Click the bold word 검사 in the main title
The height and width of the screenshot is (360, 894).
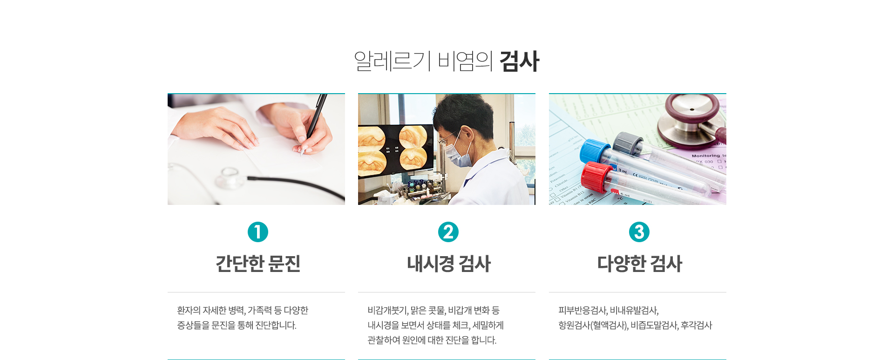(x=519, y=61)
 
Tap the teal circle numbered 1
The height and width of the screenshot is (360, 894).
(x=258, y=232)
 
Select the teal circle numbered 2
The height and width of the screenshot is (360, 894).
(x=448, y=232)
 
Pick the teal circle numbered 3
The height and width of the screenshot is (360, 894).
(x=639, y=232)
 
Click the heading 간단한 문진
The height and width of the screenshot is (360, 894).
(x=258, y=264)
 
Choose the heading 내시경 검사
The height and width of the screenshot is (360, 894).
(x=449, y=264)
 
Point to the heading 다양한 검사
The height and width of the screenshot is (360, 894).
(x=640, y=264)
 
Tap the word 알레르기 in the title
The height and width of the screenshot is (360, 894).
(x=393, y=61)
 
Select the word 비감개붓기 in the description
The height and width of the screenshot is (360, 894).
(x=387, y=310)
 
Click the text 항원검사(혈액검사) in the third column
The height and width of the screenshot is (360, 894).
(x=593, y=325)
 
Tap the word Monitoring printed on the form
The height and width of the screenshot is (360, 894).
(x=705, y=156)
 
